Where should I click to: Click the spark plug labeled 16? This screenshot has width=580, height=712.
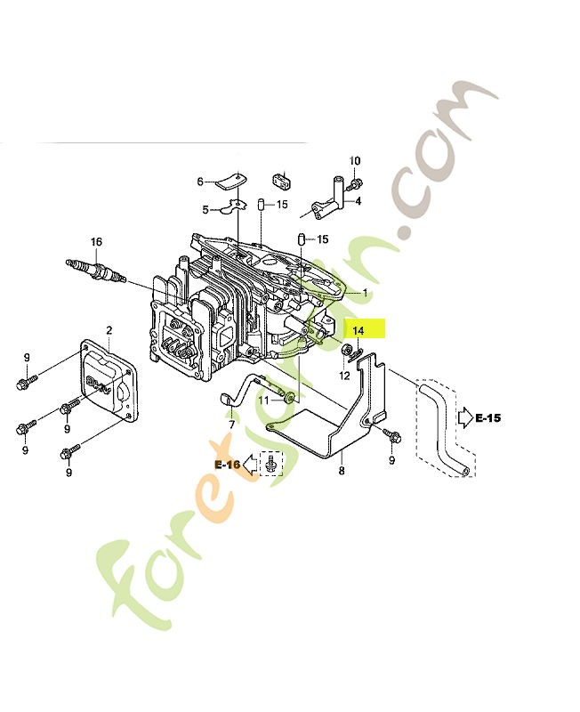(96, 271)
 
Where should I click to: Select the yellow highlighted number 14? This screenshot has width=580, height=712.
(358, 330)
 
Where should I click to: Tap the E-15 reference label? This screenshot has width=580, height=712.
(487, 417)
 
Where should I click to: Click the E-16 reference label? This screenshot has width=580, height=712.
(228, 465)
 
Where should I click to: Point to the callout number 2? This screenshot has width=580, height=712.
(109, 330)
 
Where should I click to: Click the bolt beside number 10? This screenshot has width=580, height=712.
(354, 185)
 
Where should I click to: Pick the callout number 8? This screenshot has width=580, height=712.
(342, 471)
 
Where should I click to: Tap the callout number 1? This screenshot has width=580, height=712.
(366, 294)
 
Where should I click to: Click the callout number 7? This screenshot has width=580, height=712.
(232, 425)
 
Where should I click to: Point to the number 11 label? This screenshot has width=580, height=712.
(263, 401)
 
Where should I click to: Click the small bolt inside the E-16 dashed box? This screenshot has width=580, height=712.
(271, 464)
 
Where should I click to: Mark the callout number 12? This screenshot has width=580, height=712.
(344, 376)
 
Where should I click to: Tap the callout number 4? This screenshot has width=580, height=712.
(358, 201)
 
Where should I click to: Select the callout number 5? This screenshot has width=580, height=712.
(205, 210)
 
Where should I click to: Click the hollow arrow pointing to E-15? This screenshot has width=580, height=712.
(465, 417)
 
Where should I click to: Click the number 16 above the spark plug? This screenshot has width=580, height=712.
(96, 241)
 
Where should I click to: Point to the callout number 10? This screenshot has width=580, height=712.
(355, 161)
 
